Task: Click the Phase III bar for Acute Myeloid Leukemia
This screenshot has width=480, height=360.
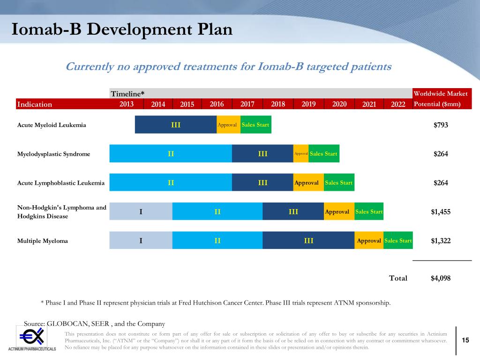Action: click(176, 125)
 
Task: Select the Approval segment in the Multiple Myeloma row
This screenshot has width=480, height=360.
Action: click(368, 240)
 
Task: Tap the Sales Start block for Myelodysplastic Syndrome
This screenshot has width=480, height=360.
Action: click(323, 154)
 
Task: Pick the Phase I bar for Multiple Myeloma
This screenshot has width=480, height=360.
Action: click(141, 240)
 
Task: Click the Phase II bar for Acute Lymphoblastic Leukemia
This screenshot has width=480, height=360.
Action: click(171, 182)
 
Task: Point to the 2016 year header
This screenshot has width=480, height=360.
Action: click(217, 104)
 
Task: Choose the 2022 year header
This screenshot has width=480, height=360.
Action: click(397, 104)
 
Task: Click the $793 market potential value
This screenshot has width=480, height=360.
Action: click(441, 125)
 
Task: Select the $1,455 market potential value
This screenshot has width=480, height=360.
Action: click(441, 212)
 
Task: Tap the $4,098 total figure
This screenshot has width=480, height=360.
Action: click(441, 278)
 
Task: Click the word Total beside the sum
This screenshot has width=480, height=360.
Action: click(398, 278)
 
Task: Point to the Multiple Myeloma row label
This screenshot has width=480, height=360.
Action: click(43, 241)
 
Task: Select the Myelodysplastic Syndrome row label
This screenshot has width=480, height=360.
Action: click(53, 154)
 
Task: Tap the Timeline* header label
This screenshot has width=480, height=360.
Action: click(127, 94)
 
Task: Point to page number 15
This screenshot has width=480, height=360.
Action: click(465, 340)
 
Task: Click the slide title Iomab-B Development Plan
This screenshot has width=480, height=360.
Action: click(122, 30)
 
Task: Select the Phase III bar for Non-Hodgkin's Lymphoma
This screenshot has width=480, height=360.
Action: click(293, 212)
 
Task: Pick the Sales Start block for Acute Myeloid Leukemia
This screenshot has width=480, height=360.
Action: click(255, 125)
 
